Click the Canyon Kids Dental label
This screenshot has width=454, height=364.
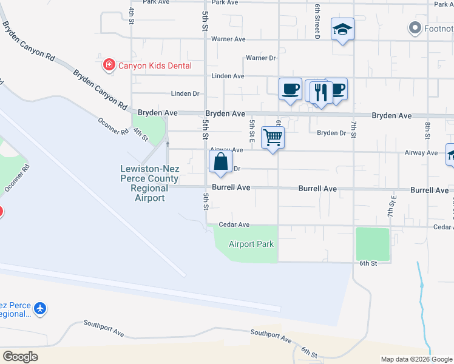(x=154, y=66)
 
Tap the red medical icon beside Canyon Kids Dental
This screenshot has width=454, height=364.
(x=109, y=64)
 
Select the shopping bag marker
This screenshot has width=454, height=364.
(x=220, y=162)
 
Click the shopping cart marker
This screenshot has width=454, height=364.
(x=273, y=138)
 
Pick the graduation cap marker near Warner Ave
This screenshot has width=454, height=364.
(x=342, y=29)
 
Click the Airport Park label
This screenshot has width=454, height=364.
(x=251, y=244)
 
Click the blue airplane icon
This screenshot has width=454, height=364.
(x=40, y=309)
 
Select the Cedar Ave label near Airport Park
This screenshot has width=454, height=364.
(x=235, y=224)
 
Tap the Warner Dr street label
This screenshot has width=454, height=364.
(x=261, y=58)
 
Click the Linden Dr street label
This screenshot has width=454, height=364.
(x=185, y=94)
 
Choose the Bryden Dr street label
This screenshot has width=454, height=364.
(x=331, y=133)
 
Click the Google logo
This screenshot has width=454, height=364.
(x=20, y=357)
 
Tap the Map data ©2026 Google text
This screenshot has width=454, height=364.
(x=416, y=359)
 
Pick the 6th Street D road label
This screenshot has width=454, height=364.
(x=317, y=21)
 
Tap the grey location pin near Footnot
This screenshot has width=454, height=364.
(x=415, y=27)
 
